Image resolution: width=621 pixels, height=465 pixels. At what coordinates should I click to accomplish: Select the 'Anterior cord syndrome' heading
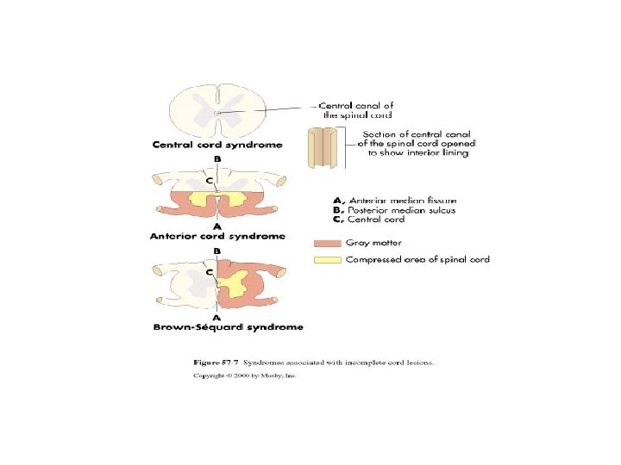point(216,235)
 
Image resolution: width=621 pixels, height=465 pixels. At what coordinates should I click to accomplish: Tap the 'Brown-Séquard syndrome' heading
point(229,327)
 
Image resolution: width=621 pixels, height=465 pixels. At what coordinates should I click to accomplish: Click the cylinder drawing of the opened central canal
point(324,148)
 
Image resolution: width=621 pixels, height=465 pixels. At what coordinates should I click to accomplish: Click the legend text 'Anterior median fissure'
point(392,199)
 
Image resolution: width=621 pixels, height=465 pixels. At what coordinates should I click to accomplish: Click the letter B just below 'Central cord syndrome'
point(217,158)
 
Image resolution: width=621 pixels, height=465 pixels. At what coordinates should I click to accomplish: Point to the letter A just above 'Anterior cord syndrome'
point(216,226)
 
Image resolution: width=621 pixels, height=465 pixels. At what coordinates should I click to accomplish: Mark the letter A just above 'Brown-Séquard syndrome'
point(217,317)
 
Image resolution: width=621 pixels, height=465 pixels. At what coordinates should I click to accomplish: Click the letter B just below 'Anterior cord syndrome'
point(217,249)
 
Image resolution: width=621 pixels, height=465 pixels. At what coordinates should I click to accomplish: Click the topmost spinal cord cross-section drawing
point(217,109)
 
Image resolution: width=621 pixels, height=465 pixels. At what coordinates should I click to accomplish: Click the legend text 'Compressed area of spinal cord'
point(417,260)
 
